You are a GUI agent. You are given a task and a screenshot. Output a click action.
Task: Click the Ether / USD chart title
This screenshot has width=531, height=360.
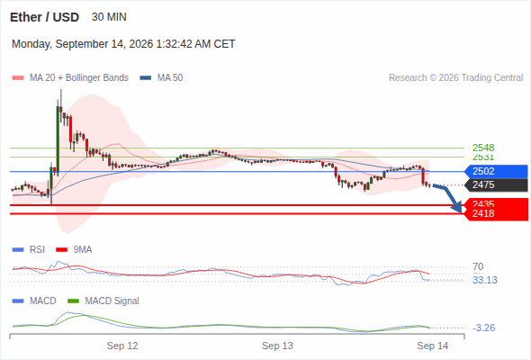[x=44, y=17]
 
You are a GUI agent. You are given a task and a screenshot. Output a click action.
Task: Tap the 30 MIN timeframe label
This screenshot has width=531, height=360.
[x=109, y=17]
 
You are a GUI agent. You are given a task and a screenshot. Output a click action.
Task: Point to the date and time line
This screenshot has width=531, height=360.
[x=123, y=44]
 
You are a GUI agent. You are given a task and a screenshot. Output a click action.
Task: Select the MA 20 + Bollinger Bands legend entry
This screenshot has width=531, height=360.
[x=70, y=78]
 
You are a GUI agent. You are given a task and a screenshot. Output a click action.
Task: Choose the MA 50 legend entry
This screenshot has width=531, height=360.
[x=161, y=78]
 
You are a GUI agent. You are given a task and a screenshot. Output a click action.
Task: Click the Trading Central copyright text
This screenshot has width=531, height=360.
[x=455, y=78]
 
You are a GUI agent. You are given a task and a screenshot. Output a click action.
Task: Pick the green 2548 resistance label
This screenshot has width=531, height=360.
[x=483, y=148]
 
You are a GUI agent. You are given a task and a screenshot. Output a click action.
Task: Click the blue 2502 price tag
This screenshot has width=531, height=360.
[x=496, y=171]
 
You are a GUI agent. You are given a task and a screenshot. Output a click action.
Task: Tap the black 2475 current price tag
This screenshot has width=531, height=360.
[x=496, y=184]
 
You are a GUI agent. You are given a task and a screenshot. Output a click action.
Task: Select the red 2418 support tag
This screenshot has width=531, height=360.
[x=497, y=213]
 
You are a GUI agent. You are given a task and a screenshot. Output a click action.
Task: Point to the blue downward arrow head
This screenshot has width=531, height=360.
[x=457, y=207]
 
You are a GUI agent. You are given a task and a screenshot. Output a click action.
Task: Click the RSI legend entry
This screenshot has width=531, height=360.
[x=29, y=249]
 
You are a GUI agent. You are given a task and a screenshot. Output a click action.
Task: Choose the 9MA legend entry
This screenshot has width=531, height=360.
[x=74, y=249]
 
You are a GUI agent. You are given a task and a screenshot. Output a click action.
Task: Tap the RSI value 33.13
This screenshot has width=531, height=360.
[x=485, y=280]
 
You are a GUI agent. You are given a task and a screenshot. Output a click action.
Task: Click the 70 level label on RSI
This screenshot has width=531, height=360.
[x=478, y=266]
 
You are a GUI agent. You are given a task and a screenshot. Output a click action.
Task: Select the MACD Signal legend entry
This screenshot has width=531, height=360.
[x=103, y=301]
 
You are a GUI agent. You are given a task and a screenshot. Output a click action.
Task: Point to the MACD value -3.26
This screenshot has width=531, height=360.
[x=483, y=328]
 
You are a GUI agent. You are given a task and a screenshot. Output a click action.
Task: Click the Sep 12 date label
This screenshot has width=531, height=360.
[x=122, y=346]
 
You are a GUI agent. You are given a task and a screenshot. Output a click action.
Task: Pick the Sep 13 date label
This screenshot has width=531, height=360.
[x=277, y=346]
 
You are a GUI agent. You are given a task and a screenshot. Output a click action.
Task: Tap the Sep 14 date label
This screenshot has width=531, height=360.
[x=433, y=346]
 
